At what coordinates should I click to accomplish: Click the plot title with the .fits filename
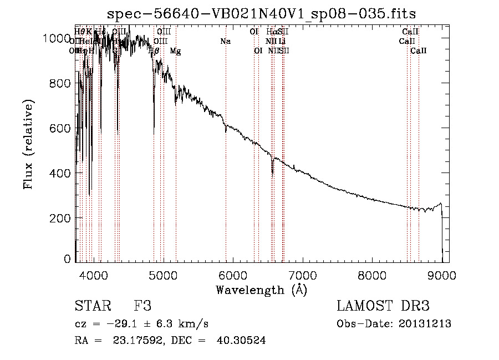[262, 13]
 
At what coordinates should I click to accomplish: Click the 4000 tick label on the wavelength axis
[93, 275]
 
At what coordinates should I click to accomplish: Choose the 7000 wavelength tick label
[302, 275]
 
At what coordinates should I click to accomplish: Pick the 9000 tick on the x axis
[442, 275]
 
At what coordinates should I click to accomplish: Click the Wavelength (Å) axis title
[261, 290]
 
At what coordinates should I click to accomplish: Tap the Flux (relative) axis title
[28, 144]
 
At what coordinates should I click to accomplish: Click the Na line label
[225, 41]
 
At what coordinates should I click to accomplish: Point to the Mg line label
[175, 51]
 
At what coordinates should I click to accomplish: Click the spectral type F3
[142, 307]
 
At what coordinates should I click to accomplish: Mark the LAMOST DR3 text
[383, 307]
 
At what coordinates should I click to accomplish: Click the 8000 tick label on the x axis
[372, 275]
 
